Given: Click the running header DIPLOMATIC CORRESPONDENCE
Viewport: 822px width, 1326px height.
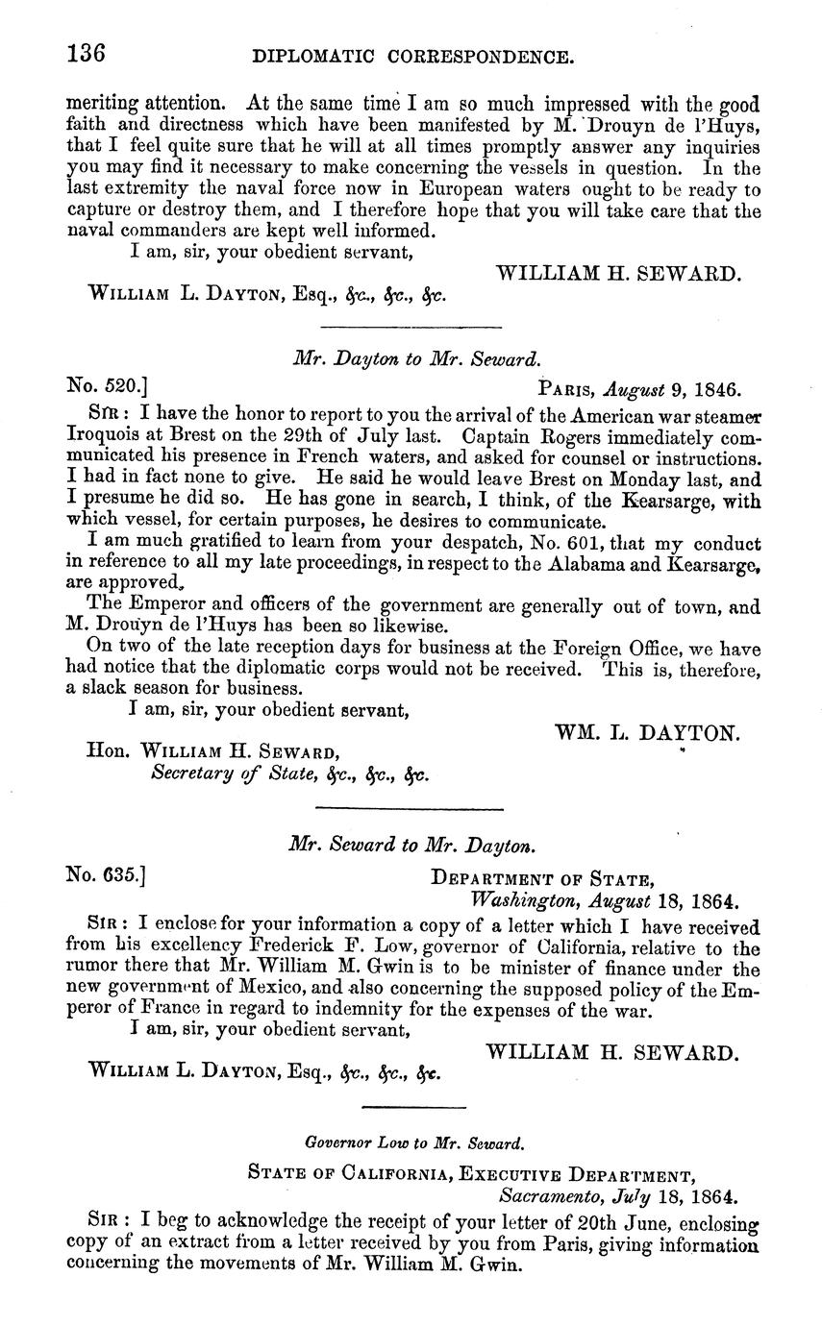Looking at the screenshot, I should (413, 57).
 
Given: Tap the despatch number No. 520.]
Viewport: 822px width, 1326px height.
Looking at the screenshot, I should (107, 387).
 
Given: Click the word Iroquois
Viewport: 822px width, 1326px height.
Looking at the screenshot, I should (106, 434).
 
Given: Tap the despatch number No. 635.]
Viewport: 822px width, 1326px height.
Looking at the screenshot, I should (107, 875).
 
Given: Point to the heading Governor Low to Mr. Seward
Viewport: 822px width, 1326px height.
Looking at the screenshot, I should (414, 1143).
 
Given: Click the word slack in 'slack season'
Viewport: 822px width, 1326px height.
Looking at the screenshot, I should (105, 689).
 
